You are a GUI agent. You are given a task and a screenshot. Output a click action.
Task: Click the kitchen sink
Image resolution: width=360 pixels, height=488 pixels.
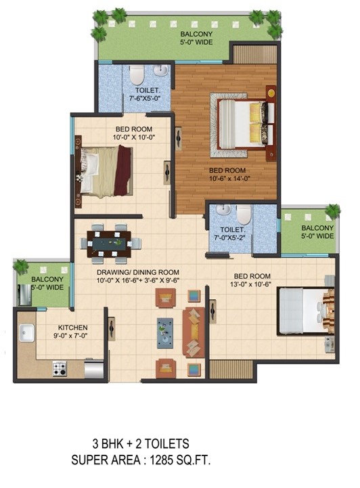(x=26, y=332)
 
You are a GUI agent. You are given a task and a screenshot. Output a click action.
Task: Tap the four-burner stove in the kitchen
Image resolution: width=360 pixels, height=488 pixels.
(x=59, y=369)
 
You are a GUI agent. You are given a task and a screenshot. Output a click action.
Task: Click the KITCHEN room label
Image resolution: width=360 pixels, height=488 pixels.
(x=73, y=328)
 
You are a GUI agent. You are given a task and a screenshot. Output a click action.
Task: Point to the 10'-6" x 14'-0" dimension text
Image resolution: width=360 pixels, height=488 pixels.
(x=229, y=178)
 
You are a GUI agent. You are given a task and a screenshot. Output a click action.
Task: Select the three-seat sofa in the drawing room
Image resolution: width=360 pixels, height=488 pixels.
(x=194, y=332)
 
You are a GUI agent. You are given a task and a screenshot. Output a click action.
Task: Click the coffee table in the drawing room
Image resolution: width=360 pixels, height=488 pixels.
(x=165, y=333)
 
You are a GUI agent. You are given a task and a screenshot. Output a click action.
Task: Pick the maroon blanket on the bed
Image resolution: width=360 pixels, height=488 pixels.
(x=122, y=171)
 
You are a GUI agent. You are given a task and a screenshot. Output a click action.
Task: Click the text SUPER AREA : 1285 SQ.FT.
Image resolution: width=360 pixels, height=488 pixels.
(x=141, y=460)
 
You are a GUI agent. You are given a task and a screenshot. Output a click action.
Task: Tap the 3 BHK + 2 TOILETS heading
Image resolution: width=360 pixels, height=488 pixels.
(x=141, y=443)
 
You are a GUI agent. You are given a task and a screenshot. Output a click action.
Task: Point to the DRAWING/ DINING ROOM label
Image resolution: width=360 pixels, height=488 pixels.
(x=138, y=272)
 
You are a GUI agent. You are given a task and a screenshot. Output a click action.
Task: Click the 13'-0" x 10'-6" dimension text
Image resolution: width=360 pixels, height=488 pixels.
(x=250, y=284)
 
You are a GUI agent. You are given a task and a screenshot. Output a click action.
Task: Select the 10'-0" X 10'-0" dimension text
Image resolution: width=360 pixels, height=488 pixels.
(x=134, y=137)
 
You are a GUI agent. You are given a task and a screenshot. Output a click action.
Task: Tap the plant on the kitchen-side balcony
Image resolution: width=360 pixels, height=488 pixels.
(x=20, y=267)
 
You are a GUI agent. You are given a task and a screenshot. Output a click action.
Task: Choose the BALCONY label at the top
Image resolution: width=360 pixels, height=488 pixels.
(x=196, y=34)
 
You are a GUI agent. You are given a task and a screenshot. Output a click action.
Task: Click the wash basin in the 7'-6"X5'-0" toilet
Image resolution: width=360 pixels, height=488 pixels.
(x=161, y=70)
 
